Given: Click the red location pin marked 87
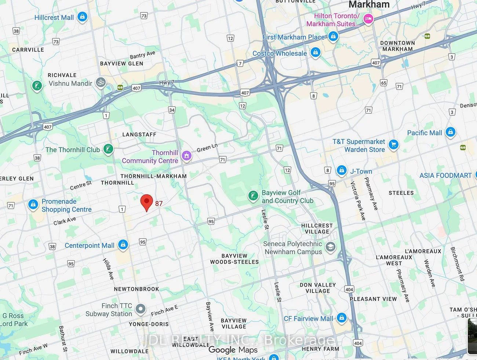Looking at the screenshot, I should (x=146, y=202).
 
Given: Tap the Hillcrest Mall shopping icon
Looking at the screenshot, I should (x=83, y=17).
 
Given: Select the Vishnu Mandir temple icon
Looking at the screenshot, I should (x=101, y=82).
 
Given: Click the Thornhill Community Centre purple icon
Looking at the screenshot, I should (x=186, y=156).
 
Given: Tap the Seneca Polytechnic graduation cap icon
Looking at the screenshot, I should (x=330, y=247).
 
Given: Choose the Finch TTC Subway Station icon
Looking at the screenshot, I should (x=140, y=309).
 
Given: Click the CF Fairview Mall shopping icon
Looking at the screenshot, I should (x=342, y=318).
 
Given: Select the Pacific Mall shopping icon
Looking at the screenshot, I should (x=450, y=132).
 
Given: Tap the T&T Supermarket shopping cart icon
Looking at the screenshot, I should (x=393, y=145).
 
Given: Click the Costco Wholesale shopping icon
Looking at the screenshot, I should (x=315, y=52).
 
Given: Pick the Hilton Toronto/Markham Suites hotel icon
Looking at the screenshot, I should (x=368, y=19).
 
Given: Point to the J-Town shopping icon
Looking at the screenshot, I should (x=342, y=170).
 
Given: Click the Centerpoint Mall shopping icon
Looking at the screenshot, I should (x=123, y=245).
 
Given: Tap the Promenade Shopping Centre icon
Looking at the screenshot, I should (x=33, y=205).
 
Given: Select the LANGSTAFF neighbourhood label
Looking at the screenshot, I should (x=139, y=135).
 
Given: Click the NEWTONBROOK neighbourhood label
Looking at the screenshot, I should (x=136, y=289).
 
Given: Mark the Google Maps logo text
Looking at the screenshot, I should (x=233, y=350).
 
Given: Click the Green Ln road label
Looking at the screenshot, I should (x=207, y=148).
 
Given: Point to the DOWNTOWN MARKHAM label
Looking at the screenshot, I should (x=397, y=46).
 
